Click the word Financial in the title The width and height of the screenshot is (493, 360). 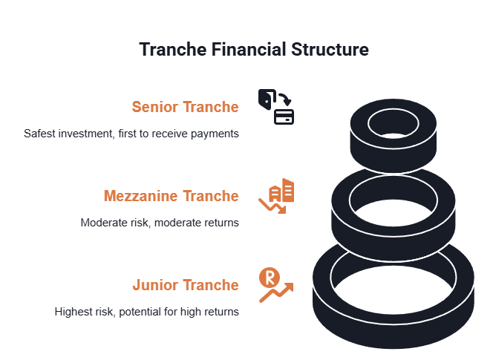(249, 50)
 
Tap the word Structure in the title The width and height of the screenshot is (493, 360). (330, 50)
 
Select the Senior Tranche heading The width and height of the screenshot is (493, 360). (185, 107)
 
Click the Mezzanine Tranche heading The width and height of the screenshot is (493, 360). (172, 196)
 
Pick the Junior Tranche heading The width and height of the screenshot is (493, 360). (186, 285)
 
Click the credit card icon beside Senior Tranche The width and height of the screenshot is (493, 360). (284, 117)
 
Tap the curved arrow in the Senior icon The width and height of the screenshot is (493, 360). (285, 99)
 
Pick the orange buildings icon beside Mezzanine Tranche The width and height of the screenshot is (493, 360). (281, 190)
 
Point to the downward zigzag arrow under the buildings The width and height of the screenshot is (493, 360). (272, 206)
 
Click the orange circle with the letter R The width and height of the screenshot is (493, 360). (270, 278)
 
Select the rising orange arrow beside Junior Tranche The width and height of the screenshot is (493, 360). (276, 292)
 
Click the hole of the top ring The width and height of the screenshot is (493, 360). (394, 124)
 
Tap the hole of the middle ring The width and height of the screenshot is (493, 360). (394, 201)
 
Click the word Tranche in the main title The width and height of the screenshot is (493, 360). (172, 50)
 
